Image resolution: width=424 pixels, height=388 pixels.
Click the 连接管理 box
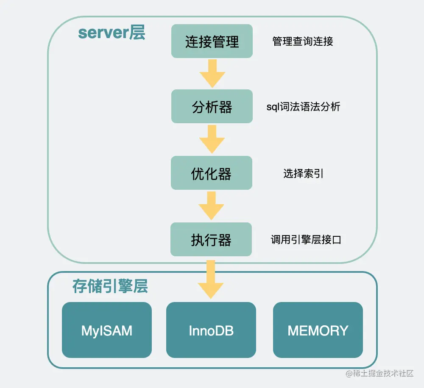point(212,42)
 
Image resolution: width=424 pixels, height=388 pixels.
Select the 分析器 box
point(212,107)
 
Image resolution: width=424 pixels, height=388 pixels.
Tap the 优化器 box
point(212,173)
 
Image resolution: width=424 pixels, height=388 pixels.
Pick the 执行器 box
point(211,240)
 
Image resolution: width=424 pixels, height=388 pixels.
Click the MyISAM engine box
point(107,330)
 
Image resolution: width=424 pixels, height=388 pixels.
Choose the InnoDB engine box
point(211,330)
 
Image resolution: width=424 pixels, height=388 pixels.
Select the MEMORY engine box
point(318,330)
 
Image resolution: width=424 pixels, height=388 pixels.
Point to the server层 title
point(112,33)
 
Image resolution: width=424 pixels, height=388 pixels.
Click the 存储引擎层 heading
point(110,287)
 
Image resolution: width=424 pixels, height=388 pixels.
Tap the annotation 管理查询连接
point(303,42)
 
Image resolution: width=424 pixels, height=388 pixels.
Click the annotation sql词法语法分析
point(303,107)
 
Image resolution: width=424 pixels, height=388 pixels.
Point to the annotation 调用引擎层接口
point(306,240)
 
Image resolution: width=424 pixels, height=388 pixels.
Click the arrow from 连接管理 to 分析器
point(212,73)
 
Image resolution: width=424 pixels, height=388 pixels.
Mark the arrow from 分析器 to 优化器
point(212,139)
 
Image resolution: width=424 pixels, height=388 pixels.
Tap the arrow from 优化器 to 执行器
point(211,206)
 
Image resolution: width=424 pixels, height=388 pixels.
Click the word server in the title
point(103,33)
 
